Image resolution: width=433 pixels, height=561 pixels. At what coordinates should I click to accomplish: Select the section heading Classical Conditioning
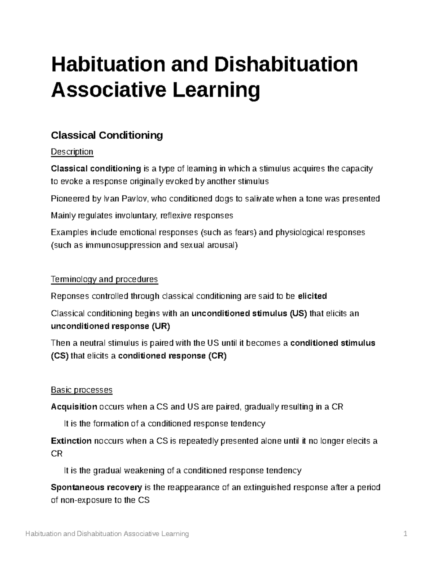107,135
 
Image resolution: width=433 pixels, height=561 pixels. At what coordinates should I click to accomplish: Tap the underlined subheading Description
72,152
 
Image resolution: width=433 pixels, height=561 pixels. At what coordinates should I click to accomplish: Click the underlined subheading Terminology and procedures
104,279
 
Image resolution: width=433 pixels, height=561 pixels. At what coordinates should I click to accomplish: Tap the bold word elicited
312,296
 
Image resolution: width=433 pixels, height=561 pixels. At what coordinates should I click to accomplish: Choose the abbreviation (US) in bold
298,313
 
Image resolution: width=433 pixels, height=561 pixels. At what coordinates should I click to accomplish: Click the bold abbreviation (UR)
161,326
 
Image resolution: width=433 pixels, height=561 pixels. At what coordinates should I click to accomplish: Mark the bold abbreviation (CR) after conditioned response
217,356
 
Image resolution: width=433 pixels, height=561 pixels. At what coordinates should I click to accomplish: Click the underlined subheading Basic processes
82,390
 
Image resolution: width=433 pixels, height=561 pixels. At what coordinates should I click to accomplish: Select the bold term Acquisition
74,407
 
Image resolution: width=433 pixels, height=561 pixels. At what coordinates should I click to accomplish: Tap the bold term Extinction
71,441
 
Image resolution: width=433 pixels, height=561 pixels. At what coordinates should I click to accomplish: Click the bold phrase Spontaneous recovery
96,488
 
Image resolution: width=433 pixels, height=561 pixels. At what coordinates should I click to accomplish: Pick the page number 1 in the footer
406,534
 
